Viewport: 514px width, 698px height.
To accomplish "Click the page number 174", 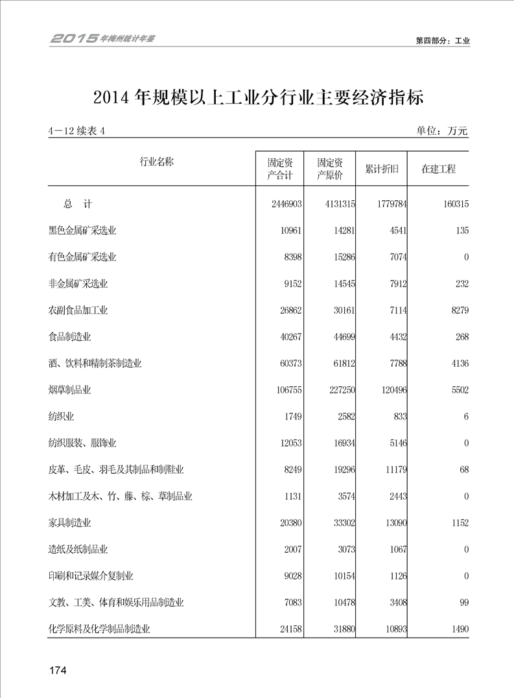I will pos(58,669).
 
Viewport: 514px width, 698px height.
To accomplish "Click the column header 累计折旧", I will pos(382,169).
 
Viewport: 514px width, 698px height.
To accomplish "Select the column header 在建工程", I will pos(438,169).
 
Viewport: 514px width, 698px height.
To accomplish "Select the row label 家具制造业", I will pos(70,523).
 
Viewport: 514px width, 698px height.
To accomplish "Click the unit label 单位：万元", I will pos(442,131).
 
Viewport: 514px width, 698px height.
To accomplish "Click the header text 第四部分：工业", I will pos(443,40).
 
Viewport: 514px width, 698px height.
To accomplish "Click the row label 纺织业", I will pos(62,417).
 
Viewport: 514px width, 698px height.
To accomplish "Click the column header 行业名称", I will pos(156,162).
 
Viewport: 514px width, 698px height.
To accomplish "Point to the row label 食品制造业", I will pos(70,337).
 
